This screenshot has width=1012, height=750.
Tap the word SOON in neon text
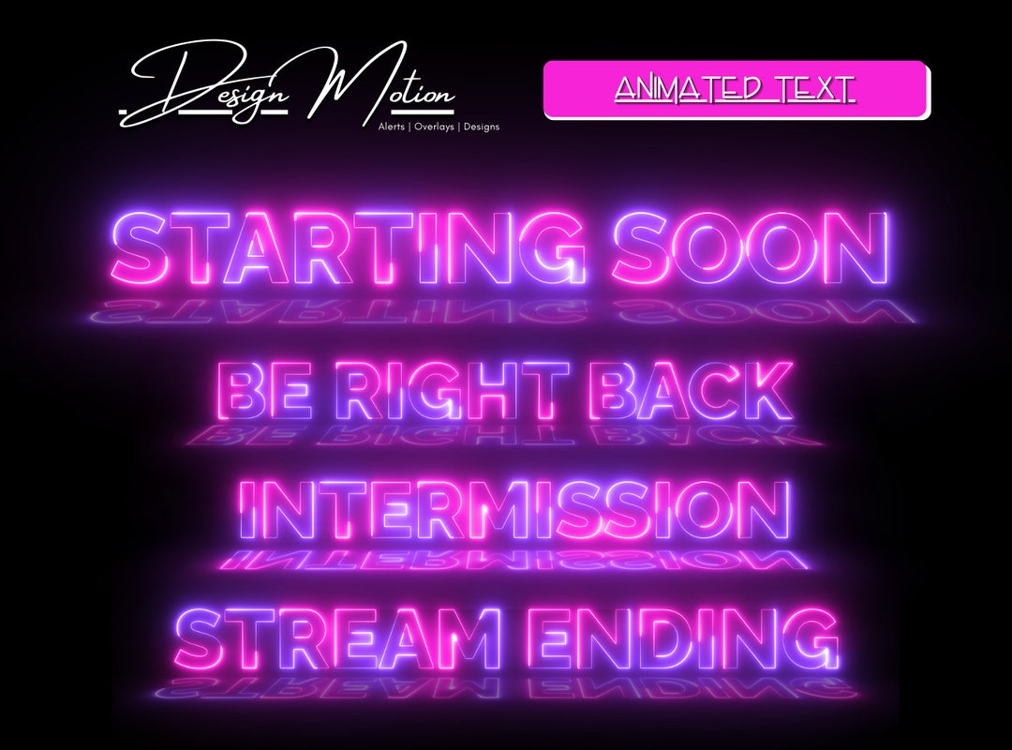pyautogui.click(x=750, y=248)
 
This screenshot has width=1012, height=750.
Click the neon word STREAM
pyautogui.click(x=337, y=637)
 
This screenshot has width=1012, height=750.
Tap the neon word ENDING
pyautogui.click(x=688, y=637)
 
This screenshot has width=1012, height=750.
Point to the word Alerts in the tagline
pyautogui.click(x=392, y=127)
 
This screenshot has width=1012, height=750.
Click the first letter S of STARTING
pyautogui.click(x=145, y=248)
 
